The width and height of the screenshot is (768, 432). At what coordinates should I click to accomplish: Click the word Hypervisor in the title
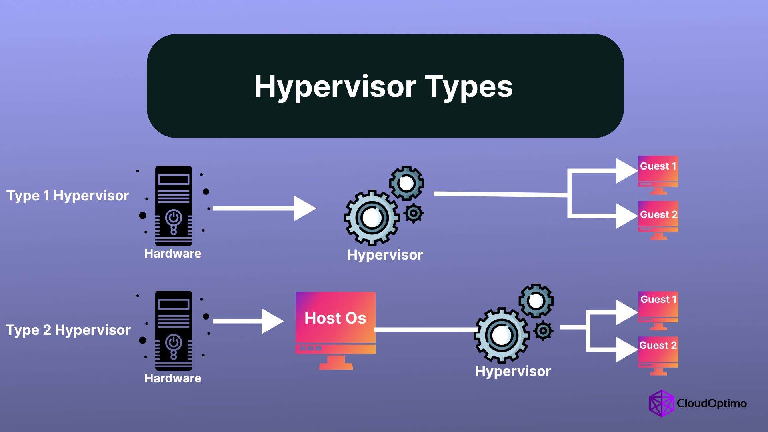tap(336, 87)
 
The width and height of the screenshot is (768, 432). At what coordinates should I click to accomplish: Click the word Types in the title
tap(469, 87)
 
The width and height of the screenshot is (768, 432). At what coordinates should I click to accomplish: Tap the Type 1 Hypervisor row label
tap(68, 196)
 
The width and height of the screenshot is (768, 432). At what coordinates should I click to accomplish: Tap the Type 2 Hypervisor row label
tap(68, 330)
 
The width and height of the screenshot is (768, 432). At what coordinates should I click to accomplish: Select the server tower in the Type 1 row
tap(174, 206)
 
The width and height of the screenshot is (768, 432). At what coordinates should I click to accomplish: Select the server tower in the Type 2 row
tap(174, 330)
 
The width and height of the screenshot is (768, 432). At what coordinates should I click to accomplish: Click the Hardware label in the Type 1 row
tap(173, 254)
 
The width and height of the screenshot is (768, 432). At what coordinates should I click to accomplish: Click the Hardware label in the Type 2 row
tap(173, 378)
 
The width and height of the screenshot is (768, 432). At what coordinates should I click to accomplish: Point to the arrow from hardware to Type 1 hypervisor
tap(265, 208)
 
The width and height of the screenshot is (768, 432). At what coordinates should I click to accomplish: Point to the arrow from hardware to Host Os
tap(248, 321)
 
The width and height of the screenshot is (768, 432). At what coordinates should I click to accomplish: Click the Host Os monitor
tap(336, 330)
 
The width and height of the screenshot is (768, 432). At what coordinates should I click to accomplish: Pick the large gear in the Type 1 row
tap(372, 218)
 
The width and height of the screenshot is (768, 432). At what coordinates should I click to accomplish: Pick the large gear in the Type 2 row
tap(502, 335)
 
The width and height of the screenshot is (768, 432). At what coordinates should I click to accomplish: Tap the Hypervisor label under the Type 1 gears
tap(385, 255)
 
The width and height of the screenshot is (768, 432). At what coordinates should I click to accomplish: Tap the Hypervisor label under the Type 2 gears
tap(513, 372)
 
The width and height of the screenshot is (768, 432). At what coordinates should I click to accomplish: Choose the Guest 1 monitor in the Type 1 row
tap(658, 175)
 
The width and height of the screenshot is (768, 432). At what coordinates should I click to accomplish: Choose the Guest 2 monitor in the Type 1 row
tap(658, 220)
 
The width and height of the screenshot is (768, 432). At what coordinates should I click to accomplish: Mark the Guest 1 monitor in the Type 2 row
tap(658, 310)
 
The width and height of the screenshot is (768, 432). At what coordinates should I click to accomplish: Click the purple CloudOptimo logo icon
tap(662, 403)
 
